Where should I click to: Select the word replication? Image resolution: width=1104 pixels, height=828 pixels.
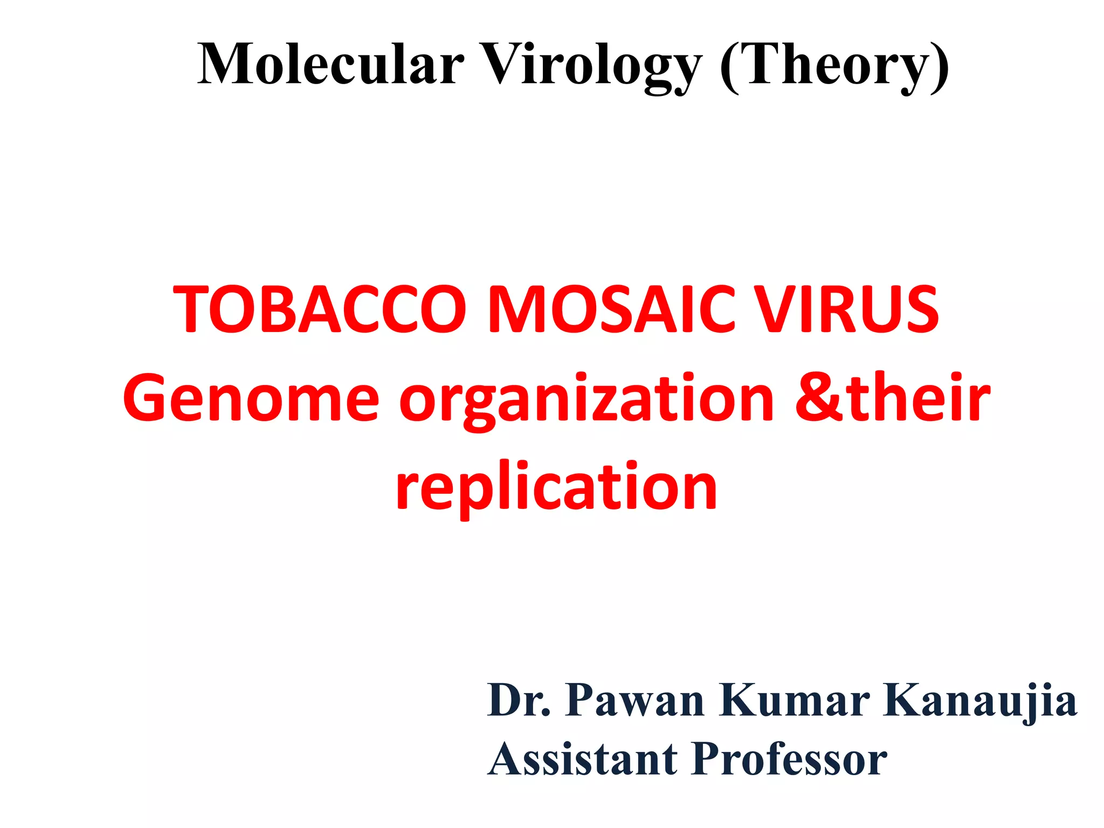(556, 488)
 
